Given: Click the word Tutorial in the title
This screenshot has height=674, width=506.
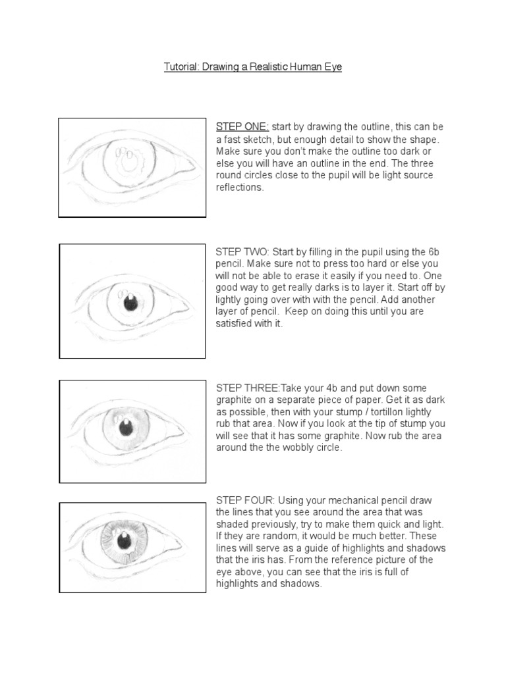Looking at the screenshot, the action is [181, 66].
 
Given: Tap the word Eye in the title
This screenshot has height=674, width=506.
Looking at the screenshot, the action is [333, 66].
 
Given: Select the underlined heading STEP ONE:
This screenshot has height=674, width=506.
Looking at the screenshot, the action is [242, 127].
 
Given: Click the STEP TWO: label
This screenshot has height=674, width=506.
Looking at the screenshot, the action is [242, 252].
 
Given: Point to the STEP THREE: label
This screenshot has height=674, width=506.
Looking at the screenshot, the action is [248, 388].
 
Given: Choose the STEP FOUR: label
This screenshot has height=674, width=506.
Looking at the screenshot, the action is [245, 500].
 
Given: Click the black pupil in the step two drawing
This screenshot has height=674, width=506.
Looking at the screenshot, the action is [130, 303].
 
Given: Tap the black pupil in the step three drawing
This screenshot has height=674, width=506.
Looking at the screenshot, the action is [125, 427].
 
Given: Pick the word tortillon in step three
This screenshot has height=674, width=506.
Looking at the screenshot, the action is [401, 412].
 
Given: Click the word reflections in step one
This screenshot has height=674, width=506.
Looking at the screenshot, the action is [240, 187].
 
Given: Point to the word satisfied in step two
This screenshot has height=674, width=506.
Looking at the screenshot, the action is [233, 323].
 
